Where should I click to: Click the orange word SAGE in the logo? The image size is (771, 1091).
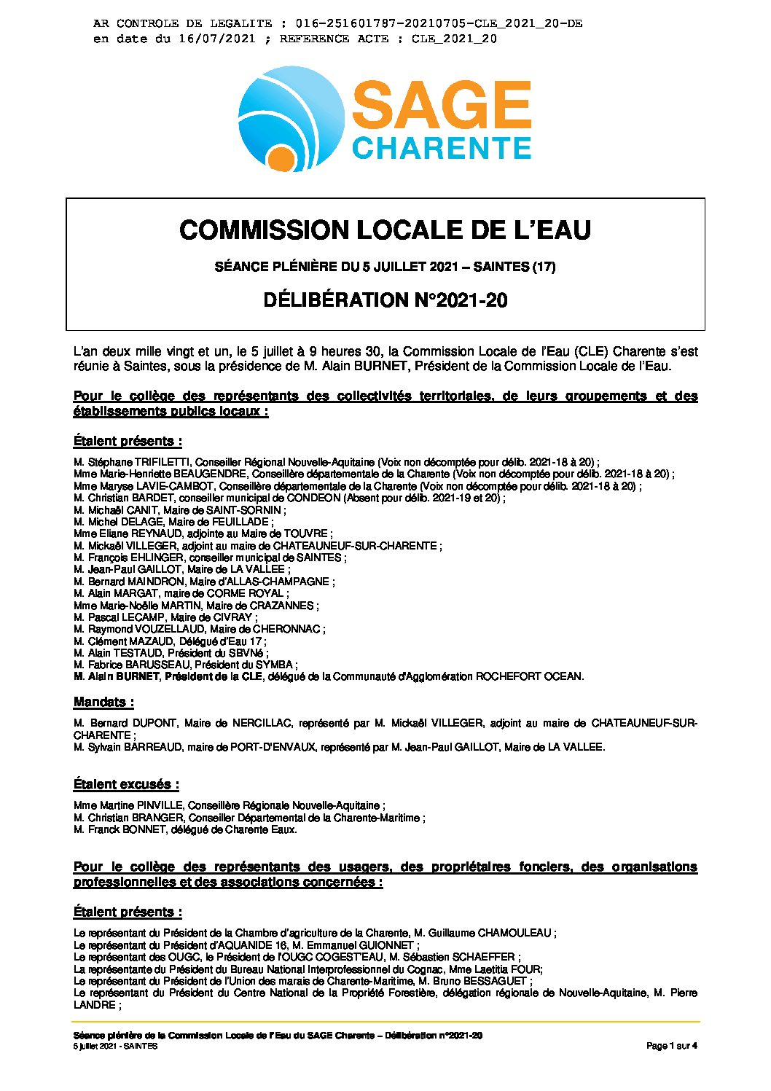point(441,105)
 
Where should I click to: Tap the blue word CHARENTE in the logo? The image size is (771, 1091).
point(441,148)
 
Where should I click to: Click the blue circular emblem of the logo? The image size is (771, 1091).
point(291,118)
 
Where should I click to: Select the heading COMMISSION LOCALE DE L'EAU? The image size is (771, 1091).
point(385,230)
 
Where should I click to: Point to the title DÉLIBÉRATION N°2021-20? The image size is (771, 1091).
point(385,300)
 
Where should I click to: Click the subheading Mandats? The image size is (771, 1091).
point(103,703)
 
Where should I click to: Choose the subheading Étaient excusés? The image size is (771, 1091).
point(126,785)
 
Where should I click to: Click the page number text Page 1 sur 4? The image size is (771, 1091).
point(671,1047)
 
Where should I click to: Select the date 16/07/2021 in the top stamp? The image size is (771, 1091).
point(216,39)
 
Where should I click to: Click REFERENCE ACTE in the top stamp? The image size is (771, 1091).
point(334,39)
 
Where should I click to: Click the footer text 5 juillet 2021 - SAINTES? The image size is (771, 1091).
point(115,1047)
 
